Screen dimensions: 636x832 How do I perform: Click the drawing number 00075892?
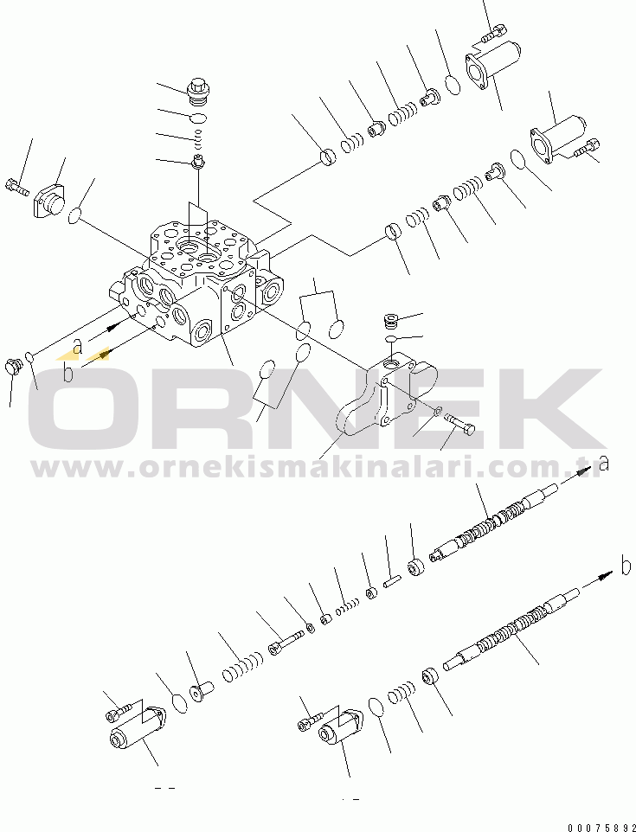click(x=601, y=827)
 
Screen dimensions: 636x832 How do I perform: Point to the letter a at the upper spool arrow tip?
click(x=603, y=464)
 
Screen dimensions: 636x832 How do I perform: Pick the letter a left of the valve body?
click(x=78, y=347)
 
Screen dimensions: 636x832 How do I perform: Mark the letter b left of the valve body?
click(x=67, y=373)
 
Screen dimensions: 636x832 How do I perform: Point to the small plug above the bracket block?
click(x=391, y=321)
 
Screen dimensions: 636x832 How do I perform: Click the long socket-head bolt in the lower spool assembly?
click(x=286, y=642)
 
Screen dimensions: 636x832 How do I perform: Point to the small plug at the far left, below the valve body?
click(x=13, y=366)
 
